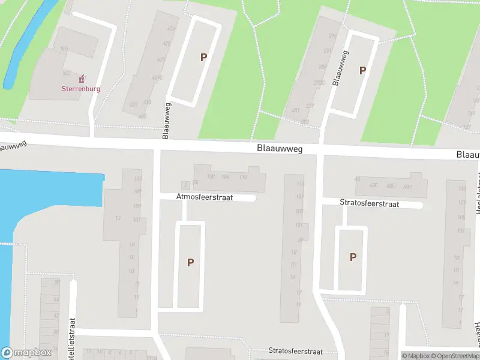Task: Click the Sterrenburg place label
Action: tap(81, 89)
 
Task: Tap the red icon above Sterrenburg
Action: tap(81, 79)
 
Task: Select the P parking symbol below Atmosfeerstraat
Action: tap(190, 262)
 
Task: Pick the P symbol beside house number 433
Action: tap(203, 58)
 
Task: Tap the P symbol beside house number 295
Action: tap(362, 71)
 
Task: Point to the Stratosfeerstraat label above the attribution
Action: tap(295, 352)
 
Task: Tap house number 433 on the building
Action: tap(172, 28)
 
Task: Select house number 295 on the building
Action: tap(334, 36)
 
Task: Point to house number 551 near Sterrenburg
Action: tap(65, 49)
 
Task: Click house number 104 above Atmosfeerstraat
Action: tap(226, 176)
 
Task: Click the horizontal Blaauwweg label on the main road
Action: tap(279, 148)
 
